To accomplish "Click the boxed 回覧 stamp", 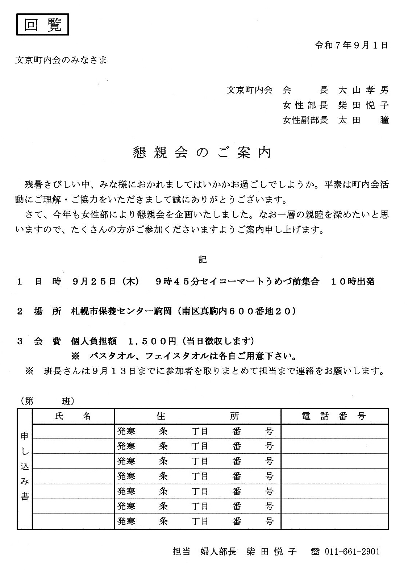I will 42,24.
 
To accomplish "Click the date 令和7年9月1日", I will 351,45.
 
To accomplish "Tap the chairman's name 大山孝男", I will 363,90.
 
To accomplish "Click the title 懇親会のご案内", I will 202,153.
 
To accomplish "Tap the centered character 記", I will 202,259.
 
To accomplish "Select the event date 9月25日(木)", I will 105,281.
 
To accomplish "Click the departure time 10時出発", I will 353,281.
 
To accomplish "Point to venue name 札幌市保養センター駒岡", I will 121,311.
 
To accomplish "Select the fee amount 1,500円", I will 152,341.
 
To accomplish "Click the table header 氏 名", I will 73,416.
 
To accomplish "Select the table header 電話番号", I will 334,416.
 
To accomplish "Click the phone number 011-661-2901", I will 352,552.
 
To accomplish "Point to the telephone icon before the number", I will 315,552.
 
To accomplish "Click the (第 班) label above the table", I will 47,401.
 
